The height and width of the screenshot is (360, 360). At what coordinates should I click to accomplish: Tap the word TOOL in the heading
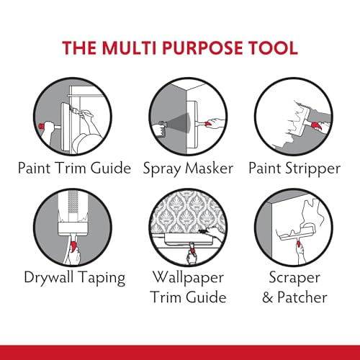[x=271, y=48]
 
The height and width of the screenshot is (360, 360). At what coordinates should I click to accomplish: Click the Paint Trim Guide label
[x=75, y=168]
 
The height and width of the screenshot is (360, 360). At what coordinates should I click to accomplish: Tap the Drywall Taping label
[x=74, y=278]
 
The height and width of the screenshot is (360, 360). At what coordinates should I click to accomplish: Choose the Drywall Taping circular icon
[x=75, y=224]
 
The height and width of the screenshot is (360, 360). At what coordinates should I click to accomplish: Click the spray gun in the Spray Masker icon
[x=163, y=123]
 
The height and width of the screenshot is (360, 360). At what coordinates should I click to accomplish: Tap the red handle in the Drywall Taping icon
[x=75, y=251]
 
